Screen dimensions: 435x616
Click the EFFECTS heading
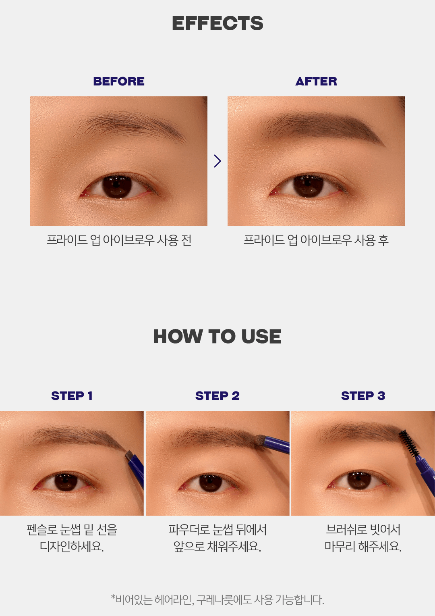pyautogui.click(x=217, y=23)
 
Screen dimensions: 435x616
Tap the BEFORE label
pyautogui.click(x=119, y=81)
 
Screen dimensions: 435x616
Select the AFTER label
pyautogui.click(x=316, y=81)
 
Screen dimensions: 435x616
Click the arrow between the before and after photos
pyautogui.click(x=217, y=161)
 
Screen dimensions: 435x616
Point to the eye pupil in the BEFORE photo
pyautogui.click(x=117, y=187)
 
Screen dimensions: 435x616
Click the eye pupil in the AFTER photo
pyautogui.click(x=308, y=187)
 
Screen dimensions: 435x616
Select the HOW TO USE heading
pyautogui.click(x=217, y=336)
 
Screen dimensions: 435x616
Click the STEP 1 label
pyautogui.click(x=72, y=396)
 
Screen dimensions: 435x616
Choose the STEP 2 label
pyautogui.click(x=217, y=396)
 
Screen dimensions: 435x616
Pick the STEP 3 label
pyautogui.click(x=363, y=396)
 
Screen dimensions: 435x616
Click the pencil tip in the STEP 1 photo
pyautogui.click(x=128, y=455)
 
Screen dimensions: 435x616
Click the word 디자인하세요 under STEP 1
pyautogui.click(x=71, y=546)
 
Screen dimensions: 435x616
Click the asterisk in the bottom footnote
pyautogui.click(x=113, y=597)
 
